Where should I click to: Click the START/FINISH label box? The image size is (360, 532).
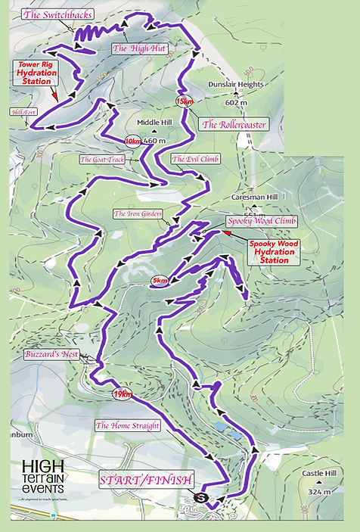pyautogui.click(x=147, y=479)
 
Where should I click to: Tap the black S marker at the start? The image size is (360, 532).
pyautogui.click(x=201, y=497)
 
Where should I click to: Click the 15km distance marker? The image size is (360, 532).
pyautogui.click(x=185, y=101)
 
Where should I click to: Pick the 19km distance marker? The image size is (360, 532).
pyautogui.click(x=121, y=394)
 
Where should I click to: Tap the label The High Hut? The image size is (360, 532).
pyautogui.click(x=144, y=48)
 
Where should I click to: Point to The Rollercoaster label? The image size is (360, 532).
pyautogui.click(x=233, y=124)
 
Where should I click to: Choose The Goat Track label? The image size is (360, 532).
pyautogui.click(x=102, y=159)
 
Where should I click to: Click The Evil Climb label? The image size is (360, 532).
pyautogui.click(x=195, y=159)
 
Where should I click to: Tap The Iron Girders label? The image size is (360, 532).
pyautogui.click(x=138, y=214)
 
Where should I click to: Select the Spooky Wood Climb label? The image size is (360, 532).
pyautogui.click(x=262, y=221)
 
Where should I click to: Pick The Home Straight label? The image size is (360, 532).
pyautogui.click(x=127, y=426)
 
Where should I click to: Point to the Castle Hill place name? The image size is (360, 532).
pyautogui.click(x=318, y=473)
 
